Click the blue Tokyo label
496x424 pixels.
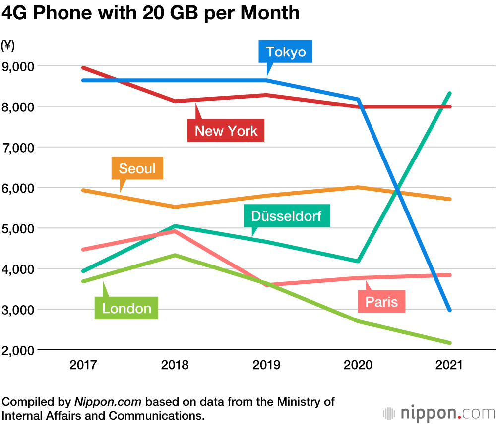click(x=285, y=52)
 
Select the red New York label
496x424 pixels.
click(x=226, y=131)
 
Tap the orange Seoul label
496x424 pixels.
click(x=137, y=168)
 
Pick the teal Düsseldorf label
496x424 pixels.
click(x=286, y=216)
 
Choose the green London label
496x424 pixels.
click(x=126, y=309)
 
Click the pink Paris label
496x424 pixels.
click(x=381, y=302)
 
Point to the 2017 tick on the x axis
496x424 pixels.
click(x=84, y=366)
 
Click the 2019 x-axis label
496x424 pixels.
click(x=266, y=366)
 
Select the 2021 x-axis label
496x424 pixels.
click(x=449, y=366)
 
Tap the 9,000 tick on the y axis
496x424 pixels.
click(x=19, y=66)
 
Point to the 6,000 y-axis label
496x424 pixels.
click(x=19, y=188)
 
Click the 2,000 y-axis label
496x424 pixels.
click(x=19, y=350)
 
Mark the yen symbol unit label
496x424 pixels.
click(x=8, y=46)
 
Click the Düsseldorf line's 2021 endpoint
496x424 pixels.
click(x=449, y=93)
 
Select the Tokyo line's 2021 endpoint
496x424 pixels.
click(x=449, y=310)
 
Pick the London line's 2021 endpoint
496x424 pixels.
click(x=449, y=343)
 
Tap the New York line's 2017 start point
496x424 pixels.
click(x=84, y=68)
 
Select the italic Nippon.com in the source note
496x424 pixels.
click(x=108, y=402)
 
